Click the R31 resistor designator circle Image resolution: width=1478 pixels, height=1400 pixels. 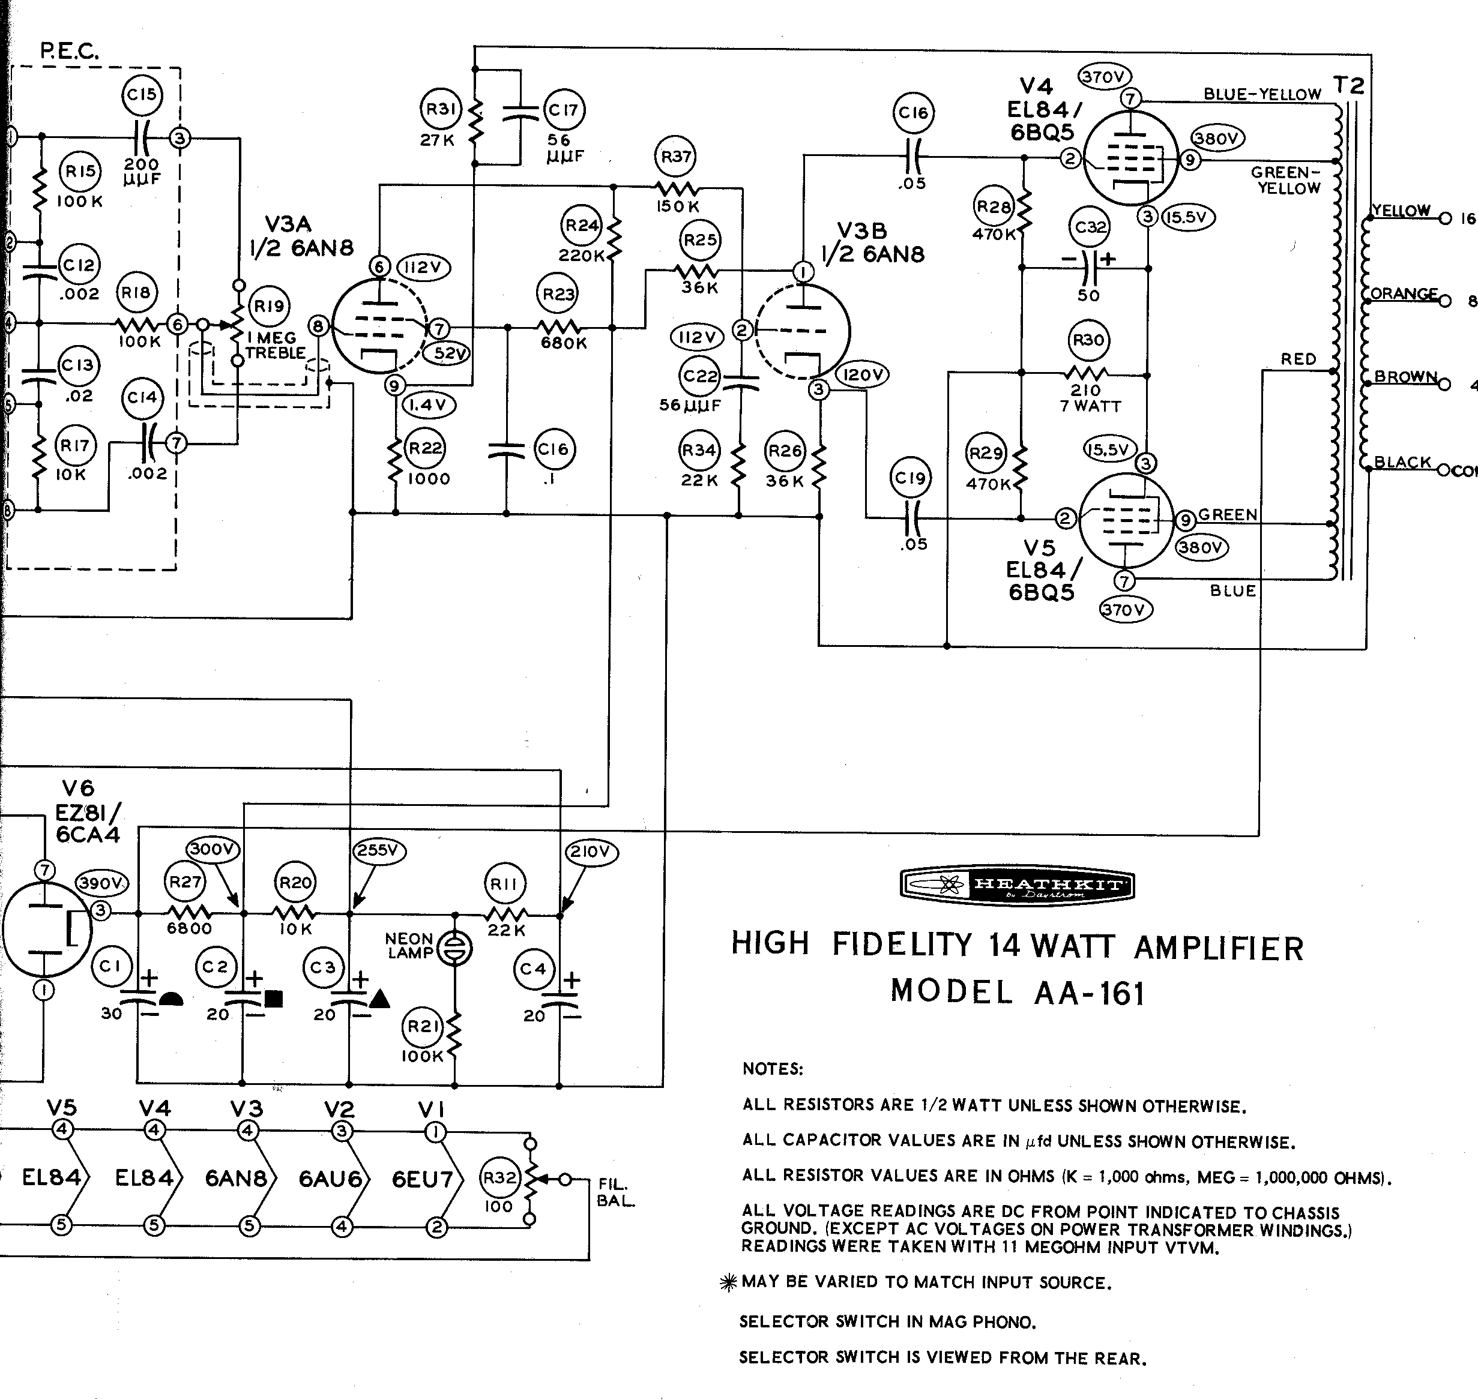click(x=441, y=109)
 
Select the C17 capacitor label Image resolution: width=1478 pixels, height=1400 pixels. click(x=564, y=110)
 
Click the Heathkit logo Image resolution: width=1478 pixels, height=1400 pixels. click(x=1017, y=885)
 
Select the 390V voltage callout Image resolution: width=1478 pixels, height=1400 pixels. click(x=101, y=883)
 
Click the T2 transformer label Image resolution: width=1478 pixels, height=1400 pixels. click(x=1348, y=85)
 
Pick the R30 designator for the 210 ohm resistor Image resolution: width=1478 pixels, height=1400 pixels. click(x=1088, y=340)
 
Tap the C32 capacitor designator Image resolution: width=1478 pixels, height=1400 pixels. click(x=1089, y=227)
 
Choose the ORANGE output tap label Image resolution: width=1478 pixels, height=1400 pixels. click(x=1404, y=293)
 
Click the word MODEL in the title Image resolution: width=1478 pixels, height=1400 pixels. click(x=951, y=991)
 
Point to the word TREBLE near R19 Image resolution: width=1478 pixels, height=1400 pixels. click(x=276, y=353)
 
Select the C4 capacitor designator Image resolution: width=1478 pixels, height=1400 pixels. click(x=533, y=969)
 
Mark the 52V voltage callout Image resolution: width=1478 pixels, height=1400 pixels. click(x=447, y=353)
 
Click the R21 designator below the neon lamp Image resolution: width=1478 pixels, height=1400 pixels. click(x=423, y=1026)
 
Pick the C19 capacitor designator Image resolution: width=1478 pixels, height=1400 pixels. click(x=910, y=478)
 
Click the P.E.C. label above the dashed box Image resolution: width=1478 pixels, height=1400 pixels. click(x=68, y=51)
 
